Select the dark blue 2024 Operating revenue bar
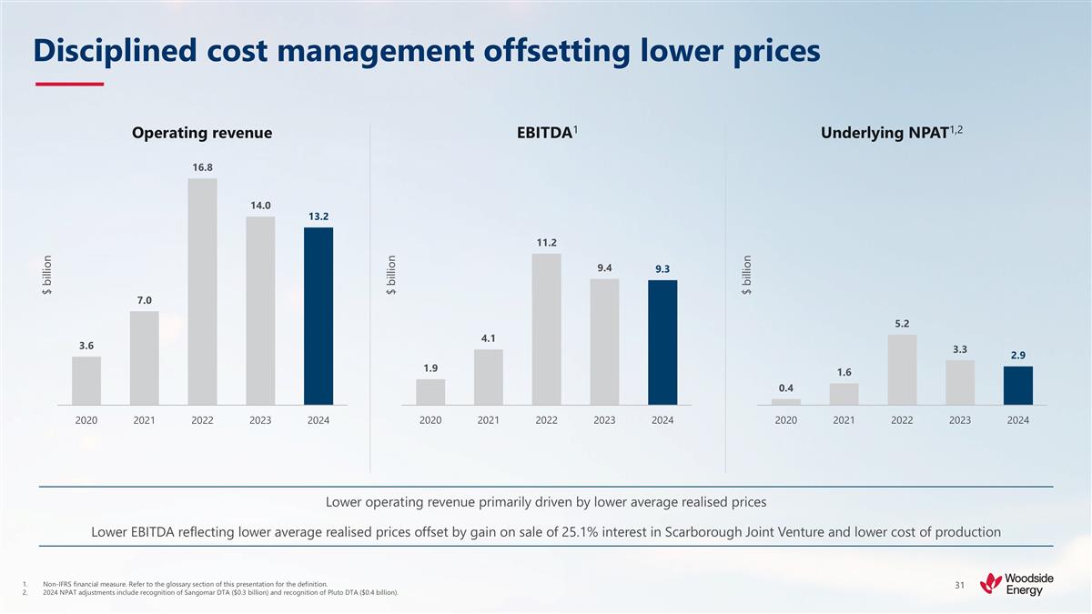point(318,316)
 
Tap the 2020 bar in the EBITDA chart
point(430,391)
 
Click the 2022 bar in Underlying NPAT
point(902,369)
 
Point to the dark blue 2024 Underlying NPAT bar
point(1018,385)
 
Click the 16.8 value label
point(202,167)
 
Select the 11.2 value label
point(546,242)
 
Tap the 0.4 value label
point(786,388)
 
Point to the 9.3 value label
point(662,269)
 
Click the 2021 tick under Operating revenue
point(144,420)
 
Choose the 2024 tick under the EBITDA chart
point(662,420)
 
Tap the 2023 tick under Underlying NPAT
point(960,420)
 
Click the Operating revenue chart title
point(202,134)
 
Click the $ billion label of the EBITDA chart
point(391,275)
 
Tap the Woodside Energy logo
point(1012,582)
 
